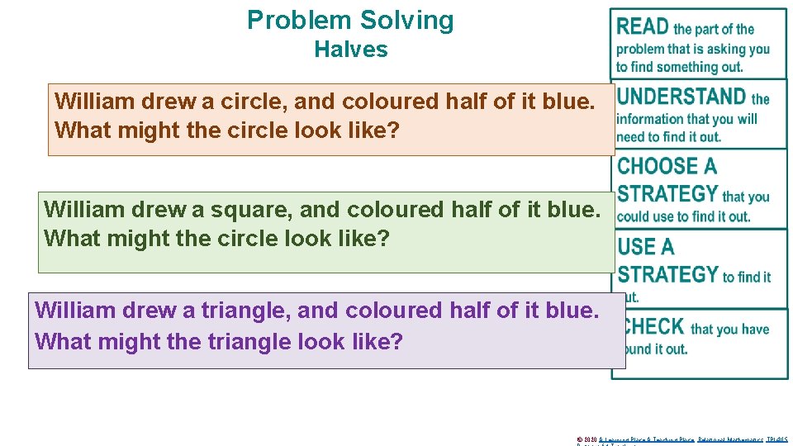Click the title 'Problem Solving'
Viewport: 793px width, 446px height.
pyautogui.click(x=350, y=20)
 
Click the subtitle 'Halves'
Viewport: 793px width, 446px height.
pyautogui.click(x=350, y=50)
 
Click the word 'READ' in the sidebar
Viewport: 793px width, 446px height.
pyautogui.click(x=643, y=26)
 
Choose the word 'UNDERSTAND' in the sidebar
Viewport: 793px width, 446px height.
pyautogui.click(x=681, y=97)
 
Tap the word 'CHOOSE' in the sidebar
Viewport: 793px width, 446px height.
pyautogui.click(x=658, y=166)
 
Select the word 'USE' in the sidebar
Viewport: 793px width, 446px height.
pyautogui.click(x=634, y=246)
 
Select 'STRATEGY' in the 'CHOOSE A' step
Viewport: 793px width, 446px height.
pyautogui.click(x=667, y=195)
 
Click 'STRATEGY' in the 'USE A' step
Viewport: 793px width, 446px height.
pyautogui.click(x=667, y=274)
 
